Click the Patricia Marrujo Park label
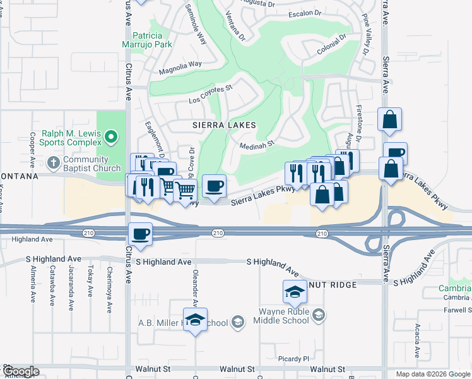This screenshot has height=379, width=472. (x=146, y=40)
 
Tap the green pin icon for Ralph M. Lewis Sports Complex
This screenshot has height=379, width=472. (x=111, y=136)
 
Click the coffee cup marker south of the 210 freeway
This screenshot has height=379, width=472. (x=140, y=234)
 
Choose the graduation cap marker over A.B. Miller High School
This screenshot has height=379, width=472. (x=195, y=319)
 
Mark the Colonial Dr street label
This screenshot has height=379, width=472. (x=333, y=45)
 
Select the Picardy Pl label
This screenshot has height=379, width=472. (x=294, y=359)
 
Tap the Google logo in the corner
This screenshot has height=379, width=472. (x=20, y=371)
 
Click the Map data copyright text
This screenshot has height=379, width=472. (x=433, y=374)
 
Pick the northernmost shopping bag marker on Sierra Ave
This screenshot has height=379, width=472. (x=389, y=118)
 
